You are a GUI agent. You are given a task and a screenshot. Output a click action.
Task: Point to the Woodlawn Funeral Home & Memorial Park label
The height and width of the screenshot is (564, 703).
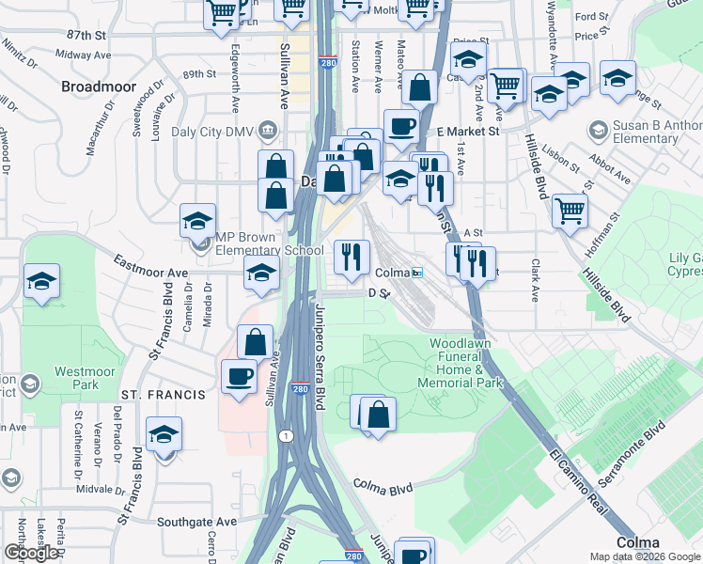466,363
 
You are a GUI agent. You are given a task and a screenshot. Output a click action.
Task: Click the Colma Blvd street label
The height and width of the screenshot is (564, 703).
383,487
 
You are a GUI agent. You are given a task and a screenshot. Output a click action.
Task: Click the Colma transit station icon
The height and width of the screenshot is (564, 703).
416,273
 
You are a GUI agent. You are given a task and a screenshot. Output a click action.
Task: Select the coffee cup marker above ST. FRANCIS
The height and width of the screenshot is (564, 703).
238,377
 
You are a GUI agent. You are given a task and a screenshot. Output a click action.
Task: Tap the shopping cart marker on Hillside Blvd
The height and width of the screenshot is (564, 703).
570,211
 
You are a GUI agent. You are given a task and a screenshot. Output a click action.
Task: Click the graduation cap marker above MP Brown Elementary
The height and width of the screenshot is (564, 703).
197,221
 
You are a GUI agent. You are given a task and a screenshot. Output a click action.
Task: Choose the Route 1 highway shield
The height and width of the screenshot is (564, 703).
284,435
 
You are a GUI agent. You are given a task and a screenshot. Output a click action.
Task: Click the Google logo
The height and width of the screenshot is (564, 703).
31,553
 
